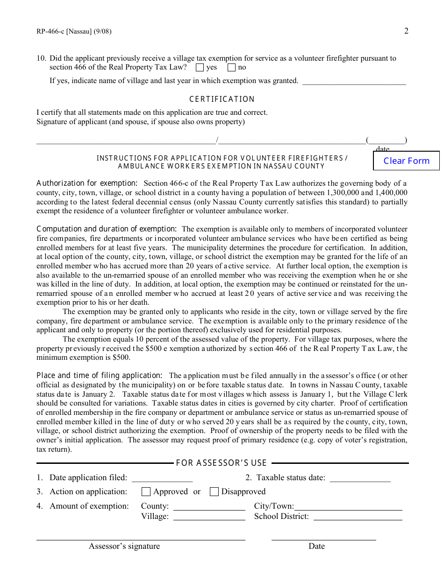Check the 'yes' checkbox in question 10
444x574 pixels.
coord(200,68)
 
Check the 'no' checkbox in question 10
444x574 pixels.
coord(231,68)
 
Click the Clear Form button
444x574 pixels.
coord(406,161)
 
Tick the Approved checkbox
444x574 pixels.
coord(146,492)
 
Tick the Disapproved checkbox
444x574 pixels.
coord(214,492)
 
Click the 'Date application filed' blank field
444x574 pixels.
coord(162,478)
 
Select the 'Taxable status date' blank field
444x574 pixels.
coord(360,478)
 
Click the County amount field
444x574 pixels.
coord(209,507)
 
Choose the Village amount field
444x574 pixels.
coord(209,517)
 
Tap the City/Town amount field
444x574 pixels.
coord(348,507)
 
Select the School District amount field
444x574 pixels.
coord(358,517)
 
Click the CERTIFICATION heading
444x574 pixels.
coord(222,99)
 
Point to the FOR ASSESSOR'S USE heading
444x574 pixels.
coord(221,463)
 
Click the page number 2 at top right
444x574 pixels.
coord(406,31)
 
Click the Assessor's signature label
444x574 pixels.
coord(124,546)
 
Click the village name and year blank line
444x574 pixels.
coord(354,81)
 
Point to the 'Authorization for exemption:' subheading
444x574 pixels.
coord(87,183)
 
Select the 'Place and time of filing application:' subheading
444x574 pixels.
coord(100,376)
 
